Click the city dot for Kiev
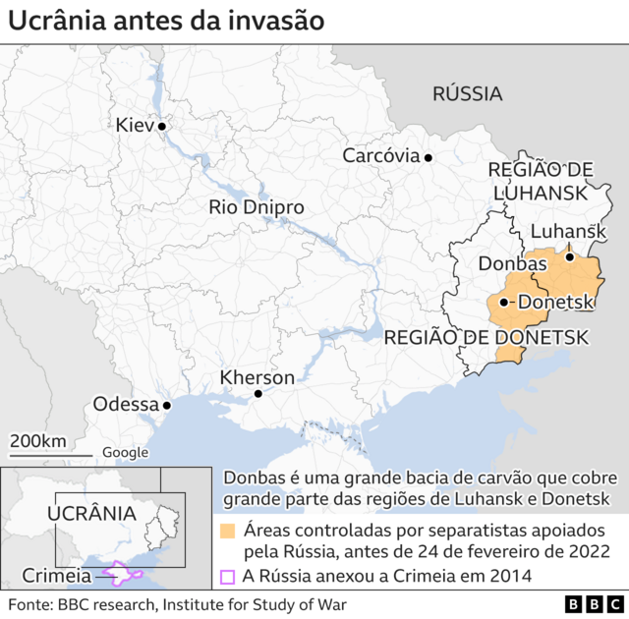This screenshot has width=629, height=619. pyautogui.click(x=162, y=126)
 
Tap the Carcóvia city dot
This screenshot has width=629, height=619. pyautogui.click(x=429, y=156)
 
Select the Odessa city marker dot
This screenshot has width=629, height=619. pyautogui.click(x=167, y=405)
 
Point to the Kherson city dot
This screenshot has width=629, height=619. pyautogui.click(x=257, y=394)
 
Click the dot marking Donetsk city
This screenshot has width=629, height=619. pyautogui.click(x=503, y=303)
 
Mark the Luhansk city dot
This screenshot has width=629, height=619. pyautogui.click(x=569, y=257)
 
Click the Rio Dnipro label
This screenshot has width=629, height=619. pyautogui.click(x=257, y=207)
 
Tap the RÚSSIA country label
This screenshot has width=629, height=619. pyautogui.click(x=468, y=94)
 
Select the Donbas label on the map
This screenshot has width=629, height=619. pyautogui.click(x=506, y=263)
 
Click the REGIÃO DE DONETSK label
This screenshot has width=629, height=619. pyautogui.click(x=486, y=337)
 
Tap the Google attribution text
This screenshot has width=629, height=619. pyautogui.click(x=126, y=453)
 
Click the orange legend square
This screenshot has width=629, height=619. pyautogui.click(x=227, y=532)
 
